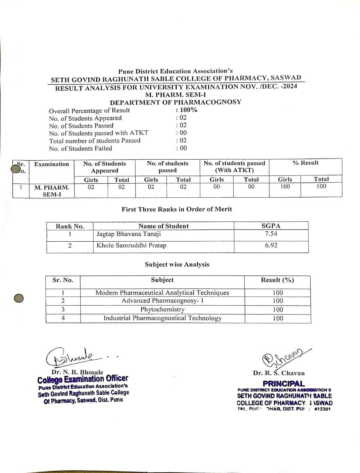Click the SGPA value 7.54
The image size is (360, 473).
coord(271,234)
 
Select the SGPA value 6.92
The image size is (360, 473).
coord(271,245)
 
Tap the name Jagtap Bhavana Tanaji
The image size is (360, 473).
coord(129,234)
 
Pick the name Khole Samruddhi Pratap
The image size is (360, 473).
coord(131,245)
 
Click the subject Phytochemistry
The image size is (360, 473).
coord(162,310)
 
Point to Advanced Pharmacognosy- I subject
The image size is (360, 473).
coord(162,301)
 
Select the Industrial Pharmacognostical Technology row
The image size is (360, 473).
coord(162,318)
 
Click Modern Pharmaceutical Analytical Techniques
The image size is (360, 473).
coord(162,293)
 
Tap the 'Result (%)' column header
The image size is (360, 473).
coord(278,280)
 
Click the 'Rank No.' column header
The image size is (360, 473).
coord(69,227)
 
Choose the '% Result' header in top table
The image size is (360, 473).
coord(305,163)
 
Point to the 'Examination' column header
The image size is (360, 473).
coord(51,164)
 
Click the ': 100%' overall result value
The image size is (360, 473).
coord(187,110)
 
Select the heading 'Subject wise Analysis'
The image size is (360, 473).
coord(177,265)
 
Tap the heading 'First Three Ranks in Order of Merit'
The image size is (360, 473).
coord(177,209)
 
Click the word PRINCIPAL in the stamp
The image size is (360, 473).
coord(284,384)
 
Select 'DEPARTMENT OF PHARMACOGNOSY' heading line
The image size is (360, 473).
coord(176,102)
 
